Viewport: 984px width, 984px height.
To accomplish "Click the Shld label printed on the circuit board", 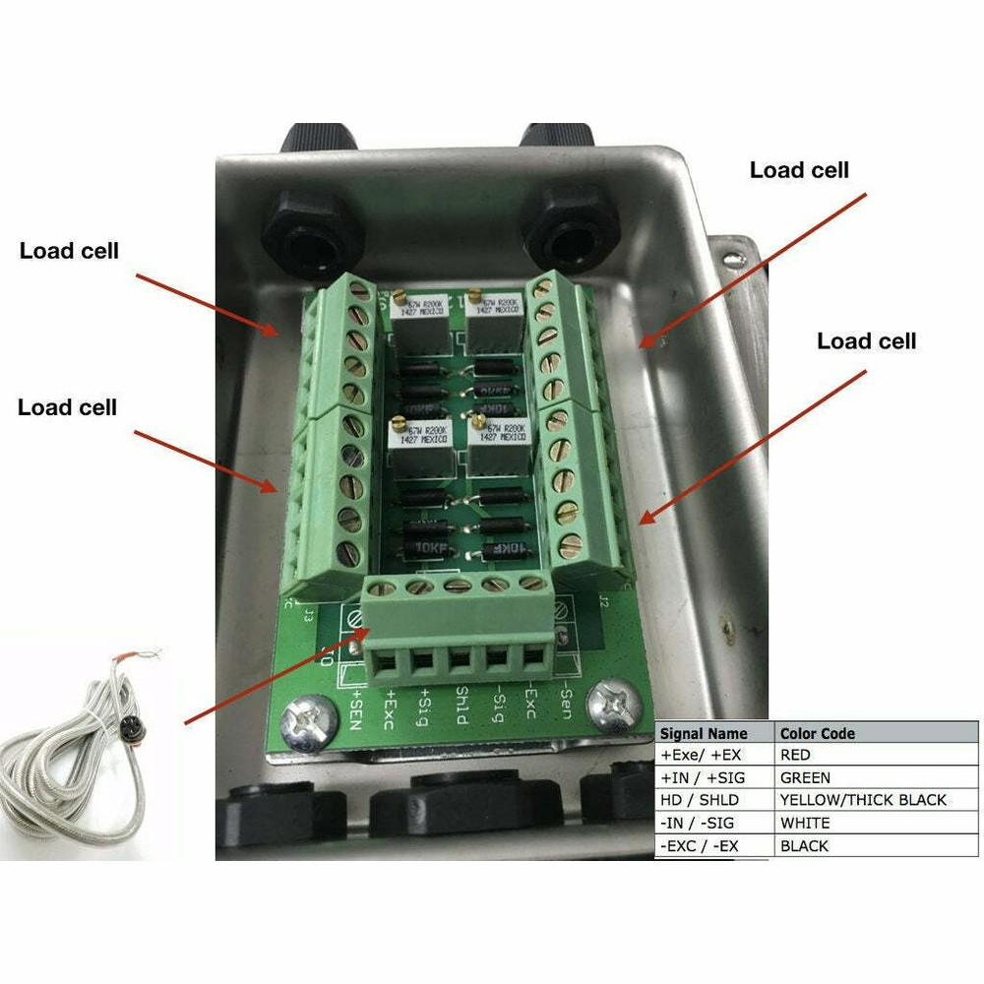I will [x=461, y=705].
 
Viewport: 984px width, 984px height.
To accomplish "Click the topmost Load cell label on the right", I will [x=799, y=170].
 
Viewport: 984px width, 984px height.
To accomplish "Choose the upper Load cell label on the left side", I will [x=69, y=251].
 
